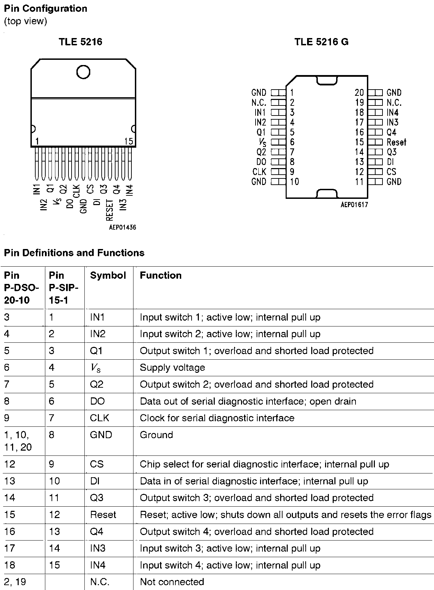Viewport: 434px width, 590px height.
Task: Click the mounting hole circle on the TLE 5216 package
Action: (83, 72)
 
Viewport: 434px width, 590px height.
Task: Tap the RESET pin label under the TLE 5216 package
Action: (110, 210)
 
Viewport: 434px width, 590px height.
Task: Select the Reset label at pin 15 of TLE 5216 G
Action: (396, 142)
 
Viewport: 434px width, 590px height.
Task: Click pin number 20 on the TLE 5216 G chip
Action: (359, 93)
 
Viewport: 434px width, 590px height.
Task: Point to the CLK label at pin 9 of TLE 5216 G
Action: (259, 172)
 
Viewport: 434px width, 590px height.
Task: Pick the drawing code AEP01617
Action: (354, 204)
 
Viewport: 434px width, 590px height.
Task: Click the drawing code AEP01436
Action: (122, 227)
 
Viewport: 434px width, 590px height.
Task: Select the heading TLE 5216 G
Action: (321, 42)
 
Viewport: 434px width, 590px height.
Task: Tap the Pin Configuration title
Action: (46, 9)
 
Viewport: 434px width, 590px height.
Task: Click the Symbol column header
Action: (108, 275)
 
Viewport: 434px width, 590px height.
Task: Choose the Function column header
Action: (161, 275)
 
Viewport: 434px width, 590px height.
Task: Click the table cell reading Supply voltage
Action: (172, 367)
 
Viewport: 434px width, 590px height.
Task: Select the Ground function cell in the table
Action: (156, 435)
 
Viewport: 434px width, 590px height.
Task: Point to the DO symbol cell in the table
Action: (97, 401)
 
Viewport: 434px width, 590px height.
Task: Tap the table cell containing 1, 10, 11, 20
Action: (18, 441)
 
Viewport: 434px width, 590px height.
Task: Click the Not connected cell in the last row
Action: (172, 582)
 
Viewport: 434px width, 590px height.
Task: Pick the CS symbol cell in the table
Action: (96, 464)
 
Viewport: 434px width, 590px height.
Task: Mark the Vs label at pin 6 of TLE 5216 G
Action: (262, 142)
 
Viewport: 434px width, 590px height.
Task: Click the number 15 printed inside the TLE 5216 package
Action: (128, 141)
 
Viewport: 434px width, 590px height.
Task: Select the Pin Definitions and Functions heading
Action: (74, 253)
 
